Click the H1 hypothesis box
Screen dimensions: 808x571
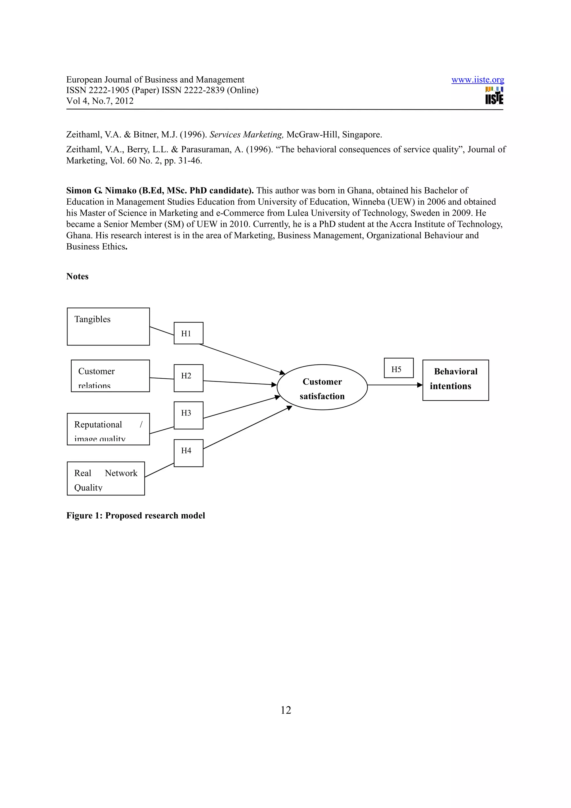[x=188, y=333]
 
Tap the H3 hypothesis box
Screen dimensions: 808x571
[x=188, y=415]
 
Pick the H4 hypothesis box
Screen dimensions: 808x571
[x=188, y=453]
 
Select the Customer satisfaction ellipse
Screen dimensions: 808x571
[x=322, y=387]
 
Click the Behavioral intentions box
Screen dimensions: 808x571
[x=455, y=380]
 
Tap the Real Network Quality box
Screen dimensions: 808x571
[x=106, y=478]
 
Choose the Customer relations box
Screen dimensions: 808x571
[x=110, y=376]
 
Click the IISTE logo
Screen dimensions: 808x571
[x=494, y=96]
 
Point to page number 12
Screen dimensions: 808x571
[x=286, y=710]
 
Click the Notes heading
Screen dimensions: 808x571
[x=78, y=276]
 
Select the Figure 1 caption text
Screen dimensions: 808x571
[x=136, y=516]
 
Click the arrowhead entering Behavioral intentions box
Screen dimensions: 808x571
[x=419, y=385]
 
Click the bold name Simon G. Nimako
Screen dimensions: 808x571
[x=101, y=190]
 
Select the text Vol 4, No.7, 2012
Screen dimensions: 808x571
[x=100, y=101]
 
